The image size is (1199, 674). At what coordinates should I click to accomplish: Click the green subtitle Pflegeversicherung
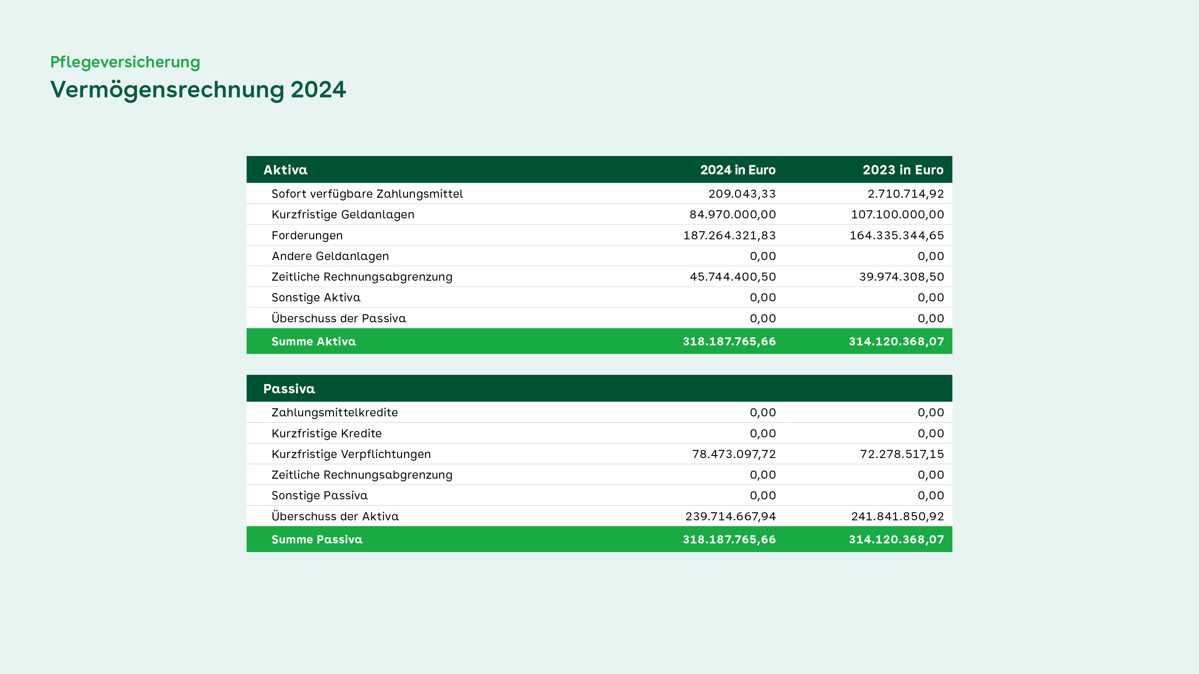click(125, 62)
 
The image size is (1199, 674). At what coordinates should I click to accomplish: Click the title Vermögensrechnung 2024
click(198, 90)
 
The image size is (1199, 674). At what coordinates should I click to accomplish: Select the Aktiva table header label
click(285, 170)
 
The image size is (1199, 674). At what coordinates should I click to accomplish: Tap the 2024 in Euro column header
click(738, 170)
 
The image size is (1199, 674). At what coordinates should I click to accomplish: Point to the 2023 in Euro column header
click(903, 170)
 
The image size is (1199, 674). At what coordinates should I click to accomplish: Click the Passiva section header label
click(289, 389)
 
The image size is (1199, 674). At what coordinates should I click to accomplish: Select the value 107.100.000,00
click(897, 214)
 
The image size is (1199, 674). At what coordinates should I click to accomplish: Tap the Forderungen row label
click(307, 235)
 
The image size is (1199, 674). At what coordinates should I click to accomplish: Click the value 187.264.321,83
click(729, 235)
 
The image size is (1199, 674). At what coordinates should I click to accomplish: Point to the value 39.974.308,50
click(902, 277)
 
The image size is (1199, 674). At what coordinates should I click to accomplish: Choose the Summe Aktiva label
click(314, 341)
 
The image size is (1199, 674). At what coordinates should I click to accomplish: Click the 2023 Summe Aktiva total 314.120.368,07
click(897, 341)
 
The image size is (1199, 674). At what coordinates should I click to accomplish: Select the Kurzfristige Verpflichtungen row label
click(351, 454)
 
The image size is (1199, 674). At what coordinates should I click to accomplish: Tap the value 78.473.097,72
click(734, 454)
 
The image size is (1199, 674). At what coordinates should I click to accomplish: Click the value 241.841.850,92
click(897, 516)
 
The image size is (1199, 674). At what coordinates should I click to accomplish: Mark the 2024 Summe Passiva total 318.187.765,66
click(729, 539)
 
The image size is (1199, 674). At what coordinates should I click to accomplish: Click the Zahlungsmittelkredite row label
click(335, 412)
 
